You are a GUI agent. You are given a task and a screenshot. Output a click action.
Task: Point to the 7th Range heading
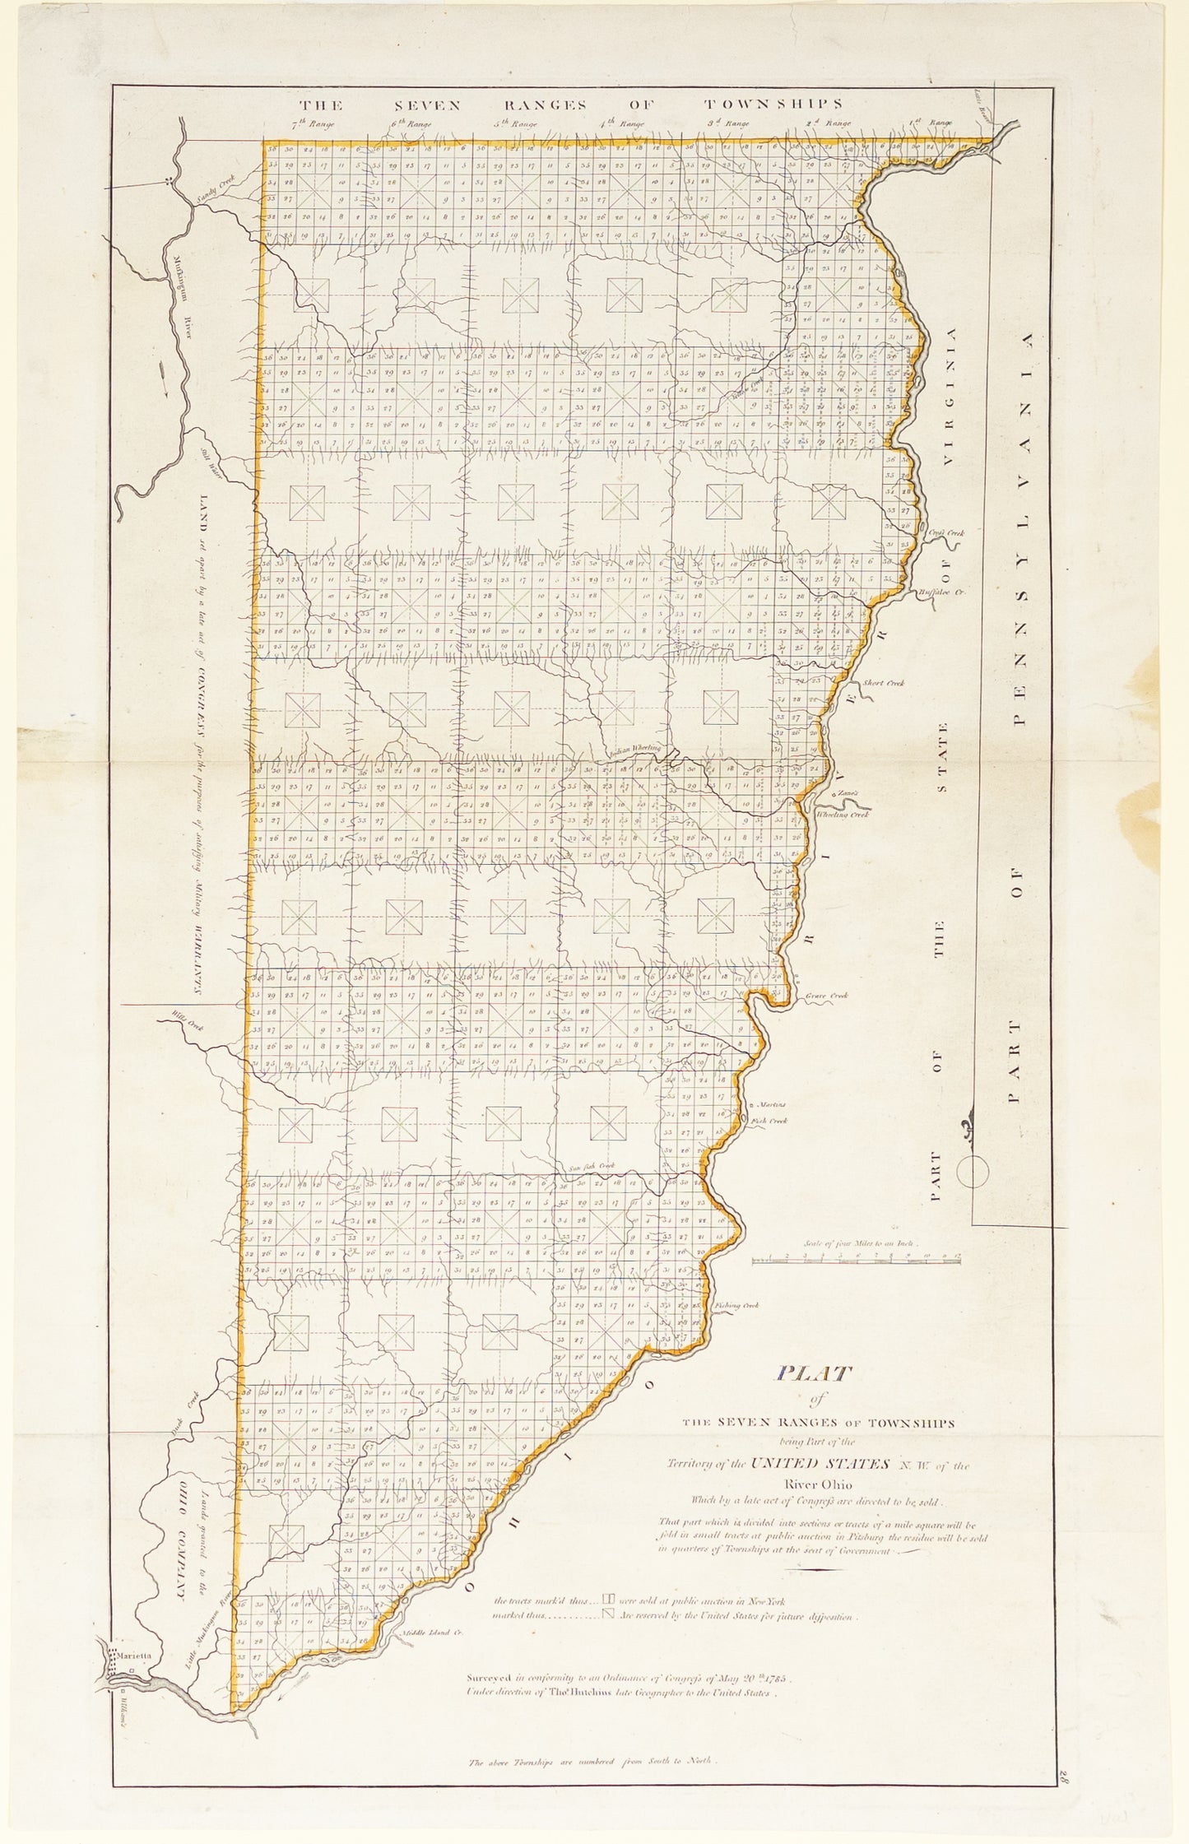tap(309, 124)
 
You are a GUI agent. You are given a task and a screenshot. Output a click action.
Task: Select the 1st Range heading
tap(931, 123)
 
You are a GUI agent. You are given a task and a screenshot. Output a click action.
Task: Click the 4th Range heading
tap(622, 124)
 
